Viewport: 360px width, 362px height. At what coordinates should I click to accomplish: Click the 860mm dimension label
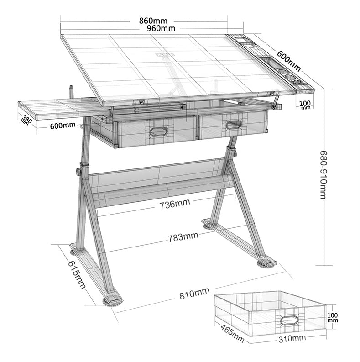click(x=153, y=21)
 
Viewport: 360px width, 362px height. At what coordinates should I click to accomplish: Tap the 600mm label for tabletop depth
click(x=289, y=62)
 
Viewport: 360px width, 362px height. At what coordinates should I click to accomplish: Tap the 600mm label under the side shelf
click(x=63, y=126)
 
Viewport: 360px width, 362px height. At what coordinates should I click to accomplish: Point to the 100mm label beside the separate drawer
click(x=333, y=317)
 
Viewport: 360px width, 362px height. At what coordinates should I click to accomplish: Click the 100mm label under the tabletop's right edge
click(x=305, y=105)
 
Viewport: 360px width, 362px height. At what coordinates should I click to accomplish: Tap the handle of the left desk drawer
click(x=158, y=132)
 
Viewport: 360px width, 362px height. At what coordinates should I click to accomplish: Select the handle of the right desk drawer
click(x=233, y=125)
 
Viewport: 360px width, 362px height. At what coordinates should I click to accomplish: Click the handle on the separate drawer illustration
click(x=288, y=320)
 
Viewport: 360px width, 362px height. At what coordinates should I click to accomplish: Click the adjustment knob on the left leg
click(x=78, y=172)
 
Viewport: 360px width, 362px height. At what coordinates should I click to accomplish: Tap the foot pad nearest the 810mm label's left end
click(x=112, y=301)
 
